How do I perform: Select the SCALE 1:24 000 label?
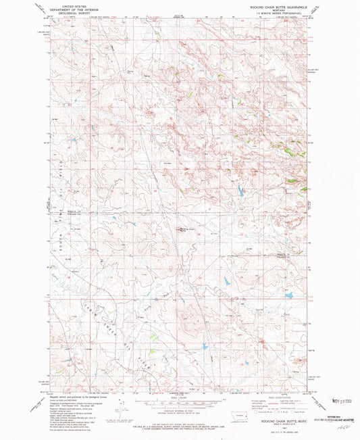pyautogui.click(x=180, y=398)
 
